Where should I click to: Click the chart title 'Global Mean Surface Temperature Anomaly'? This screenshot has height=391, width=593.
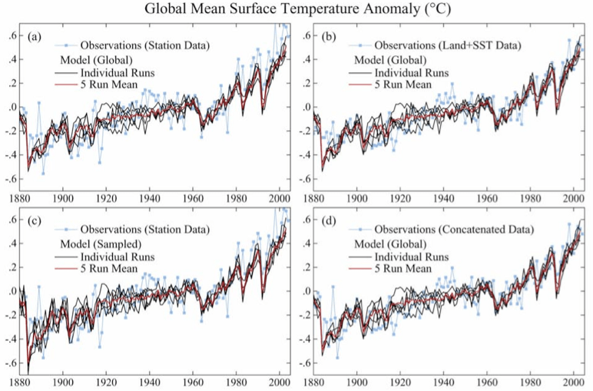296,10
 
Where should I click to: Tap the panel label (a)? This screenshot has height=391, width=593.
35,37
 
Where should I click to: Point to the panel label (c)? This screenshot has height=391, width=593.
35,222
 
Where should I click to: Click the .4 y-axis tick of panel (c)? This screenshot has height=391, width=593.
12,242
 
